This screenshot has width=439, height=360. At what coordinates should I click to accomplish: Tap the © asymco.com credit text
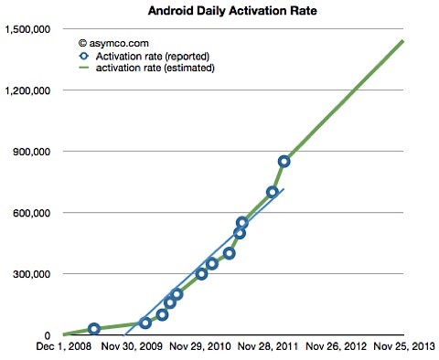113,42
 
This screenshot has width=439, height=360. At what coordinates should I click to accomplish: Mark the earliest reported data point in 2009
93,329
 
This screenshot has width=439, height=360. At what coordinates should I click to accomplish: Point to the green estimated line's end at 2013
403,40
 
